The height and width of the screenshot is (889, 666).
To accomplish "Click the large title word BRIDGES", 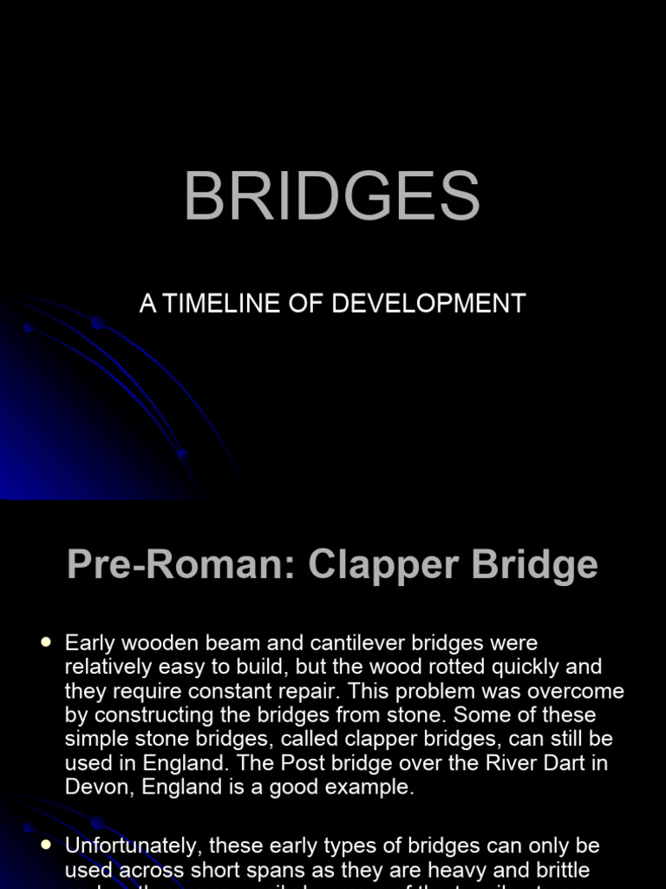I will (332, 197).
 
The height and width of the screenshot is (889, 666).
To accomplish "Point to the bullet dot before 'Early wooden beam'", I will (46, 642).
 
